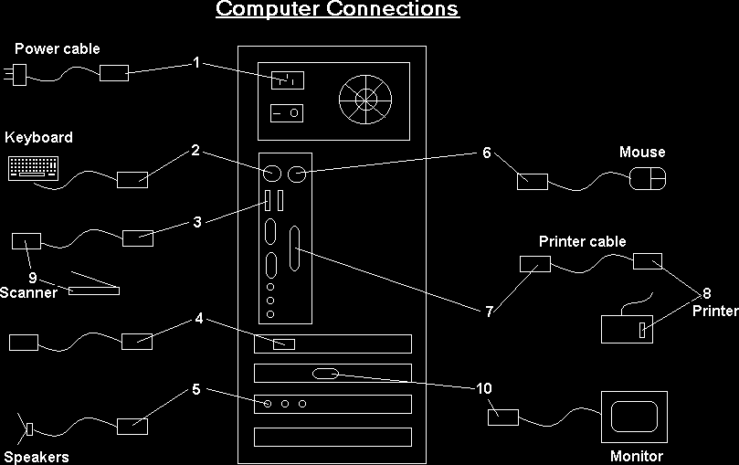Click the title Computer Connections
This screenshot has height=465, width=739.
pyautogui.click(x=337, y=10)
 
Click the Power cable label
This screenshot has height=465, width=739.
pyautogui.click(x=57, y=48)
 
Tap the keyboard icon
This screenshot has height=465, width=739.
pyautogui.click(x=33, y=167)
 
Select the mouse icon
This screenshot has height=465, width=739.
pyautogui.click(x=648, y=179)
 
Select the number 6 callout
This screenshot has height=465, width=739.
pyautogui.click(x=487, y=152)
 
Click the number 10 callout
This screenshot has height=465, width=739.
pyautogui.click(x=484, y=387)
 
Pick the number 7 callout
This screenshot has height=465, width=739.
pyautogui.click(x=489, y=312)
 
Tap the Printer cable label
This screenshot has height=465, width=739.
pyautogui.click(x=582, y=242)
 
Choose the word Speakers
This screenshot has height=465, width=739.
pyautogui.click(x=36, y=457)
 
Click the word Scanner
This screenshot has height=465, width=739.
pyautogui.click(x=28, y=292)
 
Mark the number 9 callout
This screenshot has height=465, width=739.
pyautogui.click(x=32, y=277)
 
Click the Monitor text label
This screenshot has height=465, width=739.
pyautogui.click(x=636, y=456)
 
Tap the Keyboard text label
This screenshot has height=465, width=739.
pyautogui.click(x=38, y=138)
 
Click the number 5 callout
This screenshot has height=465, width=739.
pyautogui.click(x=195, y=390)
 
